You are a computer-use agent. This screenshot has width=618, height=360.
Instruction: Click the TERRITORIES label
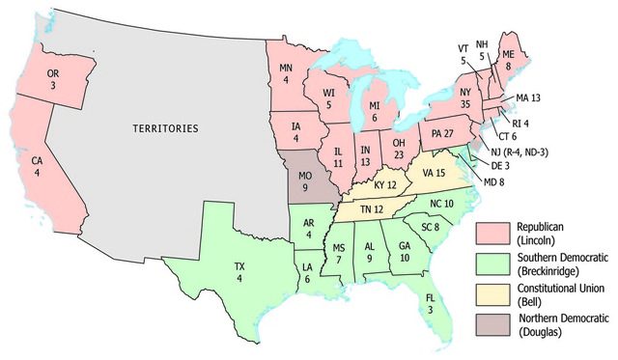[x=165, y=127]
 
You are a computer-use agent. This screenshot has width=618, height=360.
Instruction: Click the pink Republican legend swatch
[x=492, y=233]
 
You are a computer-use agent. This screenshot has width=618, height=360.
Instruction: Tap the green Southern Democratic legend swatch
[x=492, y=263]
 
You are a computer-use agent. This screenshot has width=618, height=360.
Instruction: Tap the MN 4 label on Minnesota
[x=287, y=73]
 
